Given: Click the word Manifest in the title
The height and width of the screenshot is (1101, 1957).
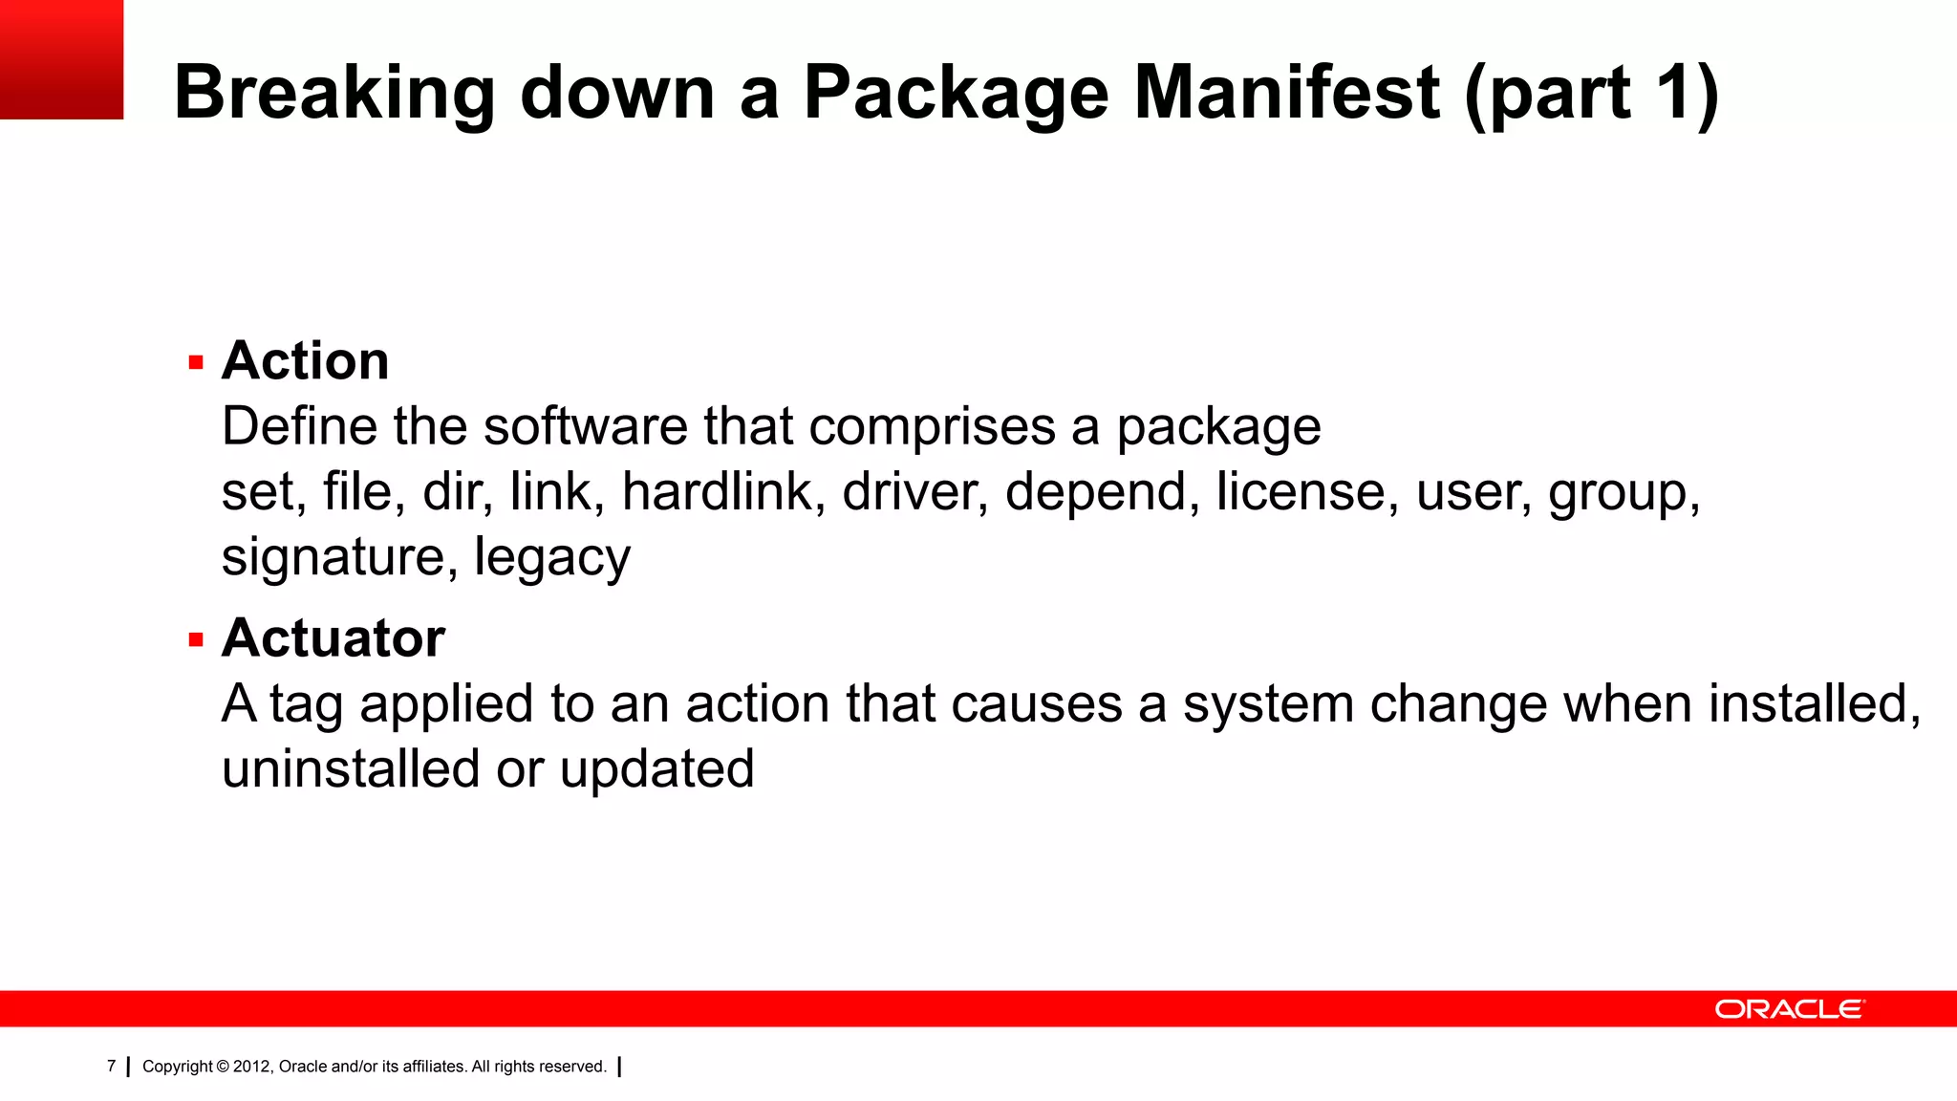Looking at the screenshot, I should tap(1286, 93).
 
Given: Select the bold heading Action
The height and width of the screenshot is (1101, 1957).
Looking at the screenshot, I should tap(305, 361).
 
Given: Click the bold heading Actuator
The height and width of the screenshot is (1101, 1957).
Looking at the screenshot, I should tap(333, 637).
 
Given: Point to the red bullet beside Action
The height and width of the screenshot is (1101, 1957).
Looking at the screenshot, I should tap(197, 363).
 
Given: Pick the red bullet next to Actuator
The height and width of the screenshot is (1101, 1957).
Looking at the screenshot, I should tap(197, 640).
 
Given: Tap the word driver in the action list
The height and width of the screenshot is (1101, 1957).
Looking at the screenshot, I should tap(914, 491).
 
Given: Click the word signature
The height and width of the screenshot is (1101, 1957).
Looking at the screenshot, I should tap(331, 558).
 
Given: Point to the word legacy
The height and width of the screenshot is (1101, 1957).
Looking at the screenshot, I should tap(552, 558).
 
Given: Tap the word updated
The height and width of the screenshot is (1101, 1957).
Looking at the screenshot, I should tap(656, 768).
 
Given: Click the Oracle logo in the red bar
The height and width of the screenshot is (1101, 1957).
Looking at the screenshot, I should tap(1789, 1009).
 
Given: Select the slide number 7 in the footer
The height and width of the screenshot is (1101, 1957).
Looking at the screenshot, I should tap(112, 1066).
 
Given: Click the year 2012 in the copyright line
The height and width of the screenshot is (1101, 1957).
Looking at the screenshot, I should tap(252, 1067).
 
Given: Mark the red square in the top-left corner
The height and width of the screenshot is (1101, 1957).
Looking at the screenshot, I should tap(61, 59).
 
